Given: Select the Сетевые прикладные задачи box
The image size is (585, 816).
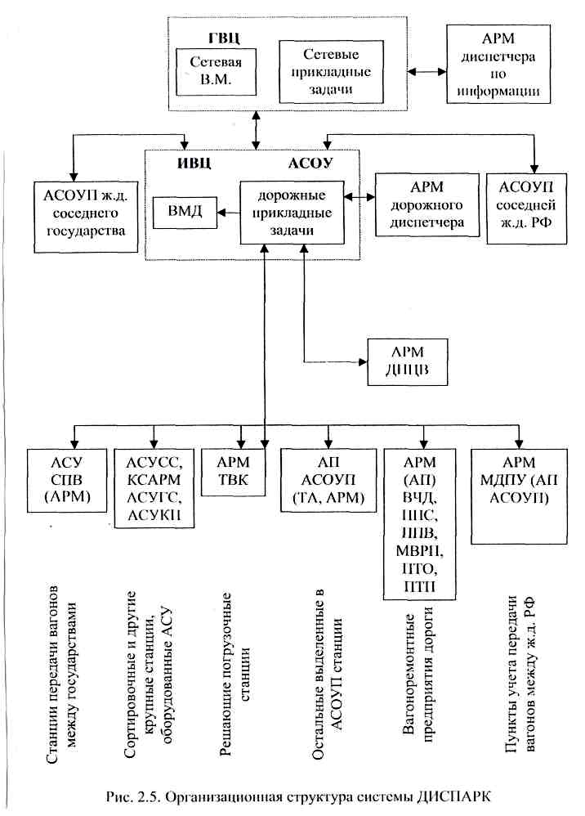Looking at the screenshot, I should coord(325,72).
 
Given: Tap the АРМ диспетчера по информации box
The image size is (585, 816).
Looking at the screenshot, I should coord(498,62).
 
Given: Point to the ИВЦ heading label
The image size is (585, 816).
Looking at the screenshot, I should coord(194,162).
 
